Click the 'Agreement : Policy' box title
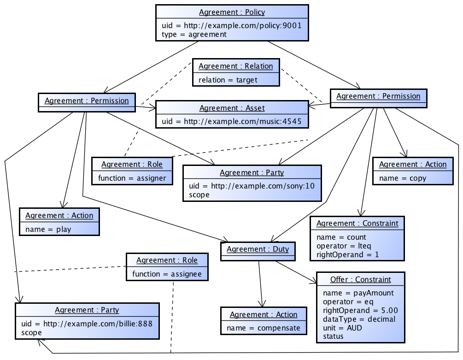pyautogui.click(x=232, y=12)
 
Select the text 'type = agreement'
pyautogui.click(x=194, y=34)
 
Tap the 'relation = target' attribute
pyautogui.click(x=228, y=80)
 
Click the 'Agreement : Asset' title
pyautogui.click(x=232, y=108)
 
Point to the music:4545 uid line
pyautogui.click(x=232, y=122)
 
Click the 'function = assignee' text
pyautogui.click(x=167, y=274)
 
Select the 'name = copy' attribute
pyautogui.click(x=402, y=178)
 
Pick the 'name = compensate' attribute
pyautogui.click(x=263, y=328)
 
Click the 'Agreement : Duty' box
pyautogui.click(x=258, y=249)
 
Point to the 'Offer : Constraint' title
pyautogui.click(x=360, y=280)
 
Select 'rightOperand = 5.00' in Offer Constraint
pyautogui.click(x=360, y=310)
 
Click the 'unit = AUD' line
pyautogui.click(x=342, y=328)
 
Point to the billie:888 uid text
pyautogui.click(x=87, y=324)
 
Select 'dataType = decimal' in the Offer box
pyautogui.click(x=359, y=319)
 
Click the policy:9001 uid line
pyautogui.click(x=232, y=25)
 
